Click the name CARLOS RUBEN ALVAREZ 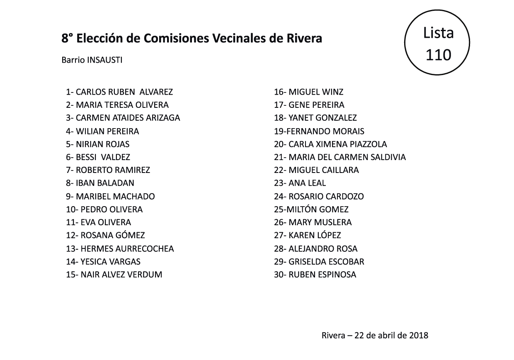pos(124,92)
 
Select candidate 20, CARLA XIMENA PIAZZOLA pos(337,144)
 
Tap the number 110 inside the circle pos(438,54)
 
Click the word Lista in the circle pos(438,33)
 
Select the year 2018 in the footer pos(419,335)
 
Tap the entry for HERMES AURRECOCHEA pos(127,249)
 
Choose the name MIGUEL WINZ pos(316,92)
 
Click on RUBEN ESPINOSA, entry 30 pos(322,275)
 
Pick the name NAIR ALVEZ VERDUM pos(121,275)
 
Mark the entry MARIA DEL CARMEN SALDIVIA pos(347,157)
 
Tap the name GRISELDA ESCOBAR pos(326,262)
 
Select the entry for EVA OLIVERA pos(105,222)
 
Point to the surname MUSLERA pos(332,222)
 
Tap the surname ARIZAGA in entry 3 pos(163,118)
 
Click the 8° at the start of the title pos(67,39)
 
